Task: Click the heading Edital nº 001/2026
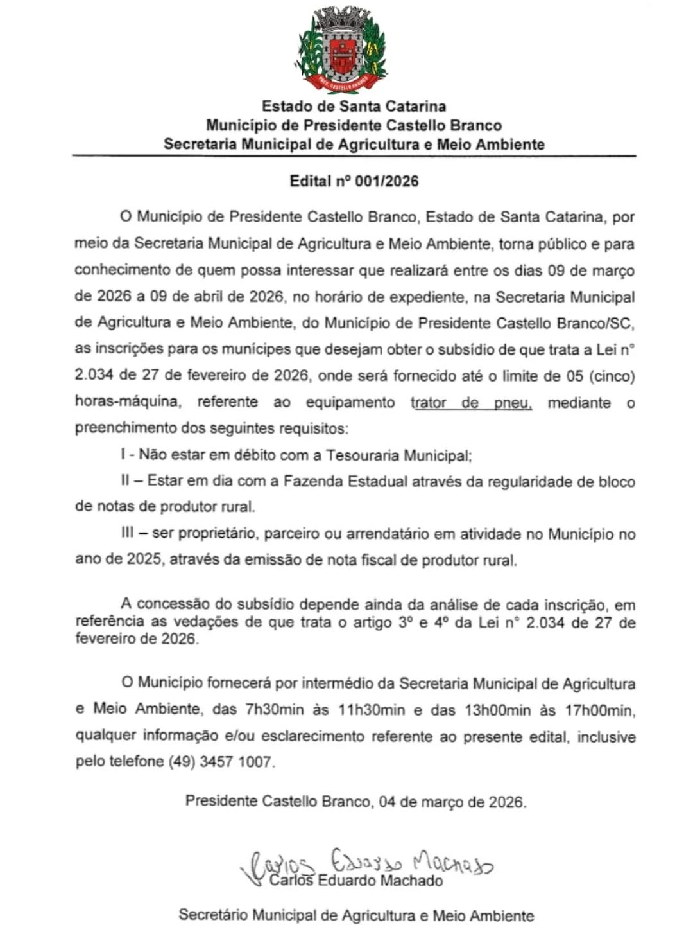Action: (x=354, y=181)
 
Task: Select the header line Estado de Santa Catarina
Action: (x=354, y=106)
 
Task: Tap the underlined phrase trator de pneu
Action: (x=471, y=403)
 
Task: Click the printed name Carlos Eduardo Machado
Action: (x=356, y=881)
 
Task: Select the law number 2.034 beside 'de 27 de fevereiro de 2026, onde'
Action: (x=94, y=376)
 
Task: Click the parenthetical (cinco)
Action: (x=612, y=376)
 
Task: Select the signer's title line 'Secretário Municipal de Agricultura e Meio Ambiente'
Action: (x=356, y=915)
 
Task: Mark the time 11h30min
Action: (x=372, y=710)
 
